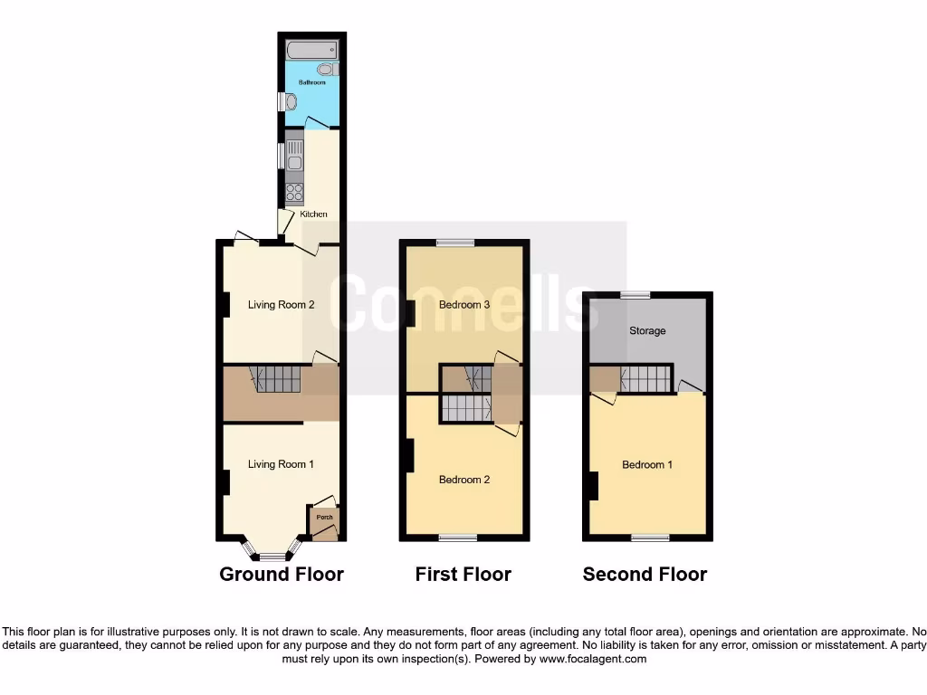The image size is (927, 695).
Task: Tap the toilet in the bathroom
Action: coord(326,69)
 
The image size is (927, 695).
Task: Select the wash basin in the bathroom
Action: coord(290,102)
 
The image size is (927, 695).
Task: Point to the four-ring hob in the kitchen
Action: coord(294,192)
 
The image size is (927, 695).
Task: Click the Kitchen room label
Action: coord(314,214)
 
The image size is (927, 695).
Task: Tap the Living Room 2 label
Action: coord(281,305)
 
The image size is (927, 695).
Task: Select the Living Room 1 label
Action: coord(281,464)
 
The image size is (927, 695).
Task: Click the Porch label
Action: coord(324,518)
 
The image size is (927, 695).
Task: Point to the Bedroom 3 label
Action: coord(464,305)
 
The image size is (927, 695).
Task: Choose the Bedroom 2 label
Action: coord(464,480)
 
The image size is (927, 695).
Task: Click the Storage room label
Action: coord(647,331)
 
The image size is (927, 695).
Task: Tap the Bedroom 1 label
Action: coord(647,465)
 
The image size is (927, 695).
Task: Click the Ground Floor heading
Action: coord(282,574)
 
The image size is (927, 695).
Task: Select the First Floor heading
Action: coord(463,574)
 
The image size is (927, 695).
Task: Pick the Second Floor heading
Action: coord(645,574)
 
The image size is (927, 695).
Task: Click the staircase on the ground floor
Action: coord(276,378)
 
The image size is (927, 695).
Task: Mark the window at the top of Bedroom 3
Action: coord(454,243)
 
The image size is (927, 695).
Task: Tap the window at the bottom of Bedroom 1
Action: coord(650,538)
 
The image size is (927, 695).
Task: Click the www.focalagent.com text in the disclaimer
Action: coord(592,660)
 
